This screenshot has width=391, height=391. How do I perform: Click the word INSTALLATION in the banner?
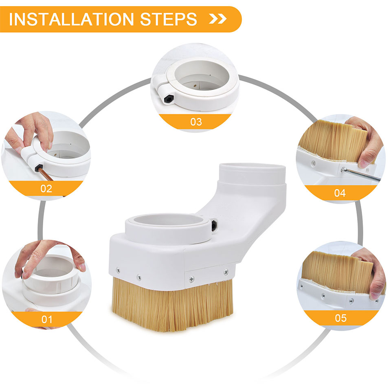coord(71,19)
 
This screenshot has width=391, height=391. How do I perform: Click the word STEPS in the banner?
coord(169,19)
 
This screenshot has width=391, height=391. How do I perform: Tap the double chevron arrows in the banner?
coord(217,19)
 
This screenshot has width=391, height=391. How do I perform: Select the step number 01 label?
coord(47,319)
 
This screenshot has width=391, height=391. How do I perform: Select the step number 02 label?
coord(46,189)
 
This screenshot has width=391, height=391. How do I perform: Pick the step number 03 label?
coord(196,122)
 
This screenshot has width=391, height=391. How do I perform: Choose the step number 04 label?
coord(340,193)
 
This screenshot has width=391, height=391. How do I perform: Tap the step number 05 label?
coord(340,318)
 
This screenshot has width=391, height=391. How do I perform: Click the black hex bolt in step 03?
coord(168,99)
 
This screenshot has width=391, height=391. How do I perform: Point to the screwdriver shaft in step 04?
coord(362,174)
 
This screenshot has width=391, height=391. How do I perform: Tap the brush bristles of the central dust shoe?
coord(173,305)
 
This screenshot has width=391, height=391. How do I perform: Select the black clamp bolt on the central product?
coord(214,226)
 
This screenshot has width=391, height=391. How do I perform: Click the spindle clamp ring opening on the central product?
coord(168,220)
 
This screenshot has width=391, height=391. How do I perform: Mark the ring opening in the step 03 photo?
coord(202,75)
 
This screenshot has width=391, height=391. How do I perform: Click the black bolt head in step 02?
coord(38,168)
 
